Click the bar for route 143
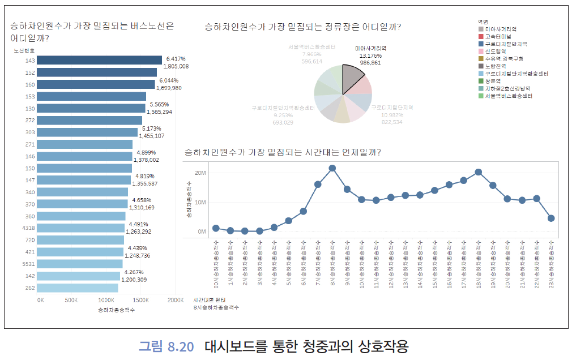pos(99,61)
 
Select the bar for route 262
pos(78,288)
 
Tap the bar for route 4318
pos(80,228)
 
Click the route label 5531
pos(29,264)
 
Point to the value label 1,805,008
pos(176,66)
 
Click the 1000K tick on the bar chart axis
pos(106,300)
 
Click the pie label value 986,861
pos(370,63)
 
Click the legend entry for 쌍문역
pos(493,81)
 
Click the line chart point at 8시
pos(332,168)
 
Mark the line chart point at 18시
pos(479,172)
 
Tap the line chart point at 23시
pos(551,218)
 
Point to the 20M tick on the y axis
pos(199,172)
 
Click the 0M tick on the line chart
pos(202,232)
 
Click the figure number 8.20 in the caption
pos(181,345)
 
